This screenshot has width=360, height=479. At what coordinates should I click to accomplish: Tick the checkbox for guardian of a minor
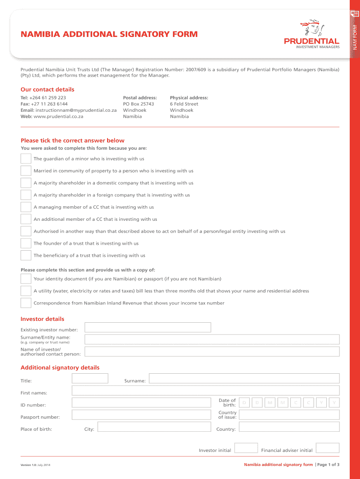tap(26, 159)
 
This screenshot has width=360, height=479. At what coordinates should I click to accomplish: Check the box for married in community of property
tap(26, 171)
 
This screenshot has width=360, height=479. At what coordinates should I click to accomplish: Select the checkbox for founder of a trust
tap(26, 243)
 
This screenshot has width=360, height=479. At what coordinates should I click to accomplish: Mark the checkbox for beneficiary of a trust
tap(26, 255)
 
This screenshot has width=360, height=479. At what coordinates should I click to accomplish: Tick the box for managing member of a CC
tap(26, 207)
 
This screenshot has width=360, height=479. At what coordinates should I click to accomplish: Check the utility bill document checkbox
tap(26, 291)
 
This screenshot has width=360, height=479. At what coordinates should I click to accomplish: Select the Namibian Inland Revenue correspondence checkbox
tap(26, 303)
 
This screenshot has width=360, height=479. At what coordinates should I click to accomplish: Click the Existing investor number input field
tap(147, 327)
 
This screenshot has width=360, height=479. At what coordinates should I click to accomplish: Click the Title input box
tap(90, 378)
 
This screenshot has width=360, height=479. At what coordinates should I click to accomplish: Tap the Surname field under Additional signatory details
tap(244, 378)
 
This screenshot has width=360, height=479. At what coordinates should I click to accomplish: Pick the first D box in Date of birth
tap(244, 403)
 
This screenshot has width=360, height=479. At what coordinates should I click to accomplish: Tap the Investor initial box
tap(246, 448)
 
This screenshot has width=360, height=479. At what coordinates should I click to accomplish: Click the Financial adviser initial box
tap(328, 448)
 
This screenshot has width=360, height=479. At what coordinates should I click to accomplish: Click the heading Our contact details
tap(47, 89)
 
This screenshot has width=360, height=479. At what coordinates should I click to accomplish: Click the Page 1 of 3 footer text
tap(329, 464)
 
